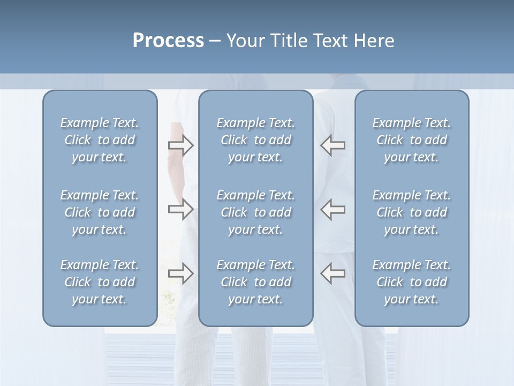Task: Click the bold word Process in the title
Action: (168, 41)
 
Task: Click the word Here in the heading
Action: (373, 41)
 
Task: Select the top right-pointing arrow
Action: (180, 145)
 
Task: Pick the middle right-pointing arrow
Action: (180, 209)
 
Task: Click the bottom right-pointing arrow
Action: (180, 273)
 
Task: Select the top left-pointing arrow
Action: (332, 145)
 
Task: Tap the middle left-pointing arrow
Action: (332, 209)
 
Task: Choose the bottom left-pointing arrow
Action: (332, 273)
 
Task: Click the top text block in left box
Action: (100, 140)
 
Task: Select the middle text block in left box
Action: (100, 212)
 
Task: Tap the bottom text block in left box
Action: (100, 282)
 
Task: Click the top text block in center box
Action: (256, 140)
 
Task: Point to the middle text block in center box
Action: (256, 212)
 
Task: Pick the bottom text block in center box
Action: (256, 282)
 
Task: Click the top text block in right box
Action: (412, 140)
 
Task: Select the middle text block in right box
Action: (412, 212)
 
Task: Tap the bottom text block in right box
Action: (412, 282)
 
